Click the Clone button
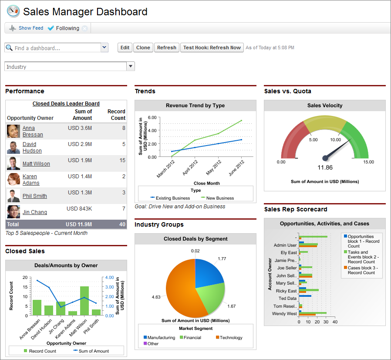tap(143, 48)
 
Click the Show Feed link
tap(30, 28)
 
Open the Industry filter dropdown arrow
tap(130, 66)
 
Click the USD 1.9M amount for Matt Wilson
tap(80, 160)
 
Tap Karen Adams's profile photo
tap(13, 180)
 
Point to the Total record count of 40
tap(122, 224)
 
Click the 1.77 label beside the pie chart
tap(222, 259)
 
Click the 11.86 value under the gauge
tap(325, 167)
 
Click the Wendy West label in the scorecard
tap(284, 314)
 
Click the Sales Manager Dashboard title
tap(85, 12)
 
